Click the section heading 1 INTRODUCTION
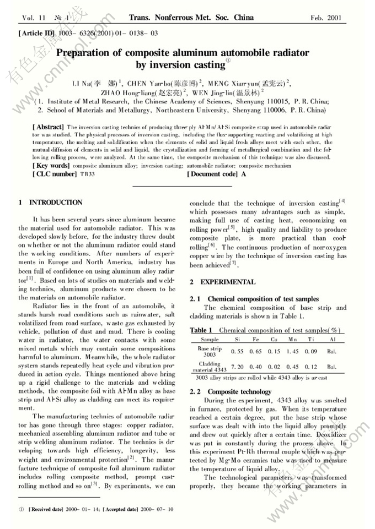(51, 203)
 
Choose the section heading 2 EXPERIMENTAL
(223, 282)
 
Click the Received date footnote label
(47, 509)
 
